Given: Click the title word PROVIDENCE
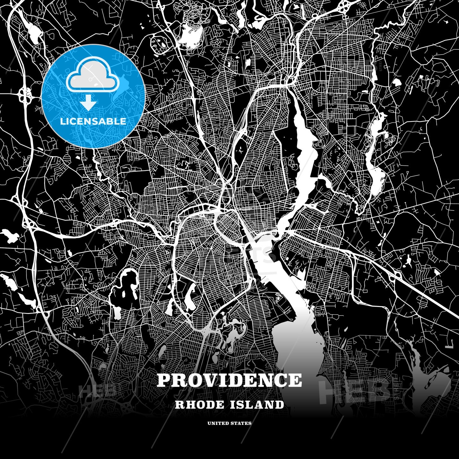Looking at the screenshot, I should tap(229, 380).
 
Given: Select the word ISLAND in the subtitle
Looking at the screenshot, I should tap(257, 405).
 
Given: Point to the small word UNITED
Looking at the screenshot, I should tap(218, 423).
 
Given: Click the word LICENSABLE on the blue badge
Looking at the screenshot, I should tap(93, 121).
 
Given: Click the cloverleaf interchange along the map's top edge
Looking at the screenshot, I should tap(344, 5).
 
